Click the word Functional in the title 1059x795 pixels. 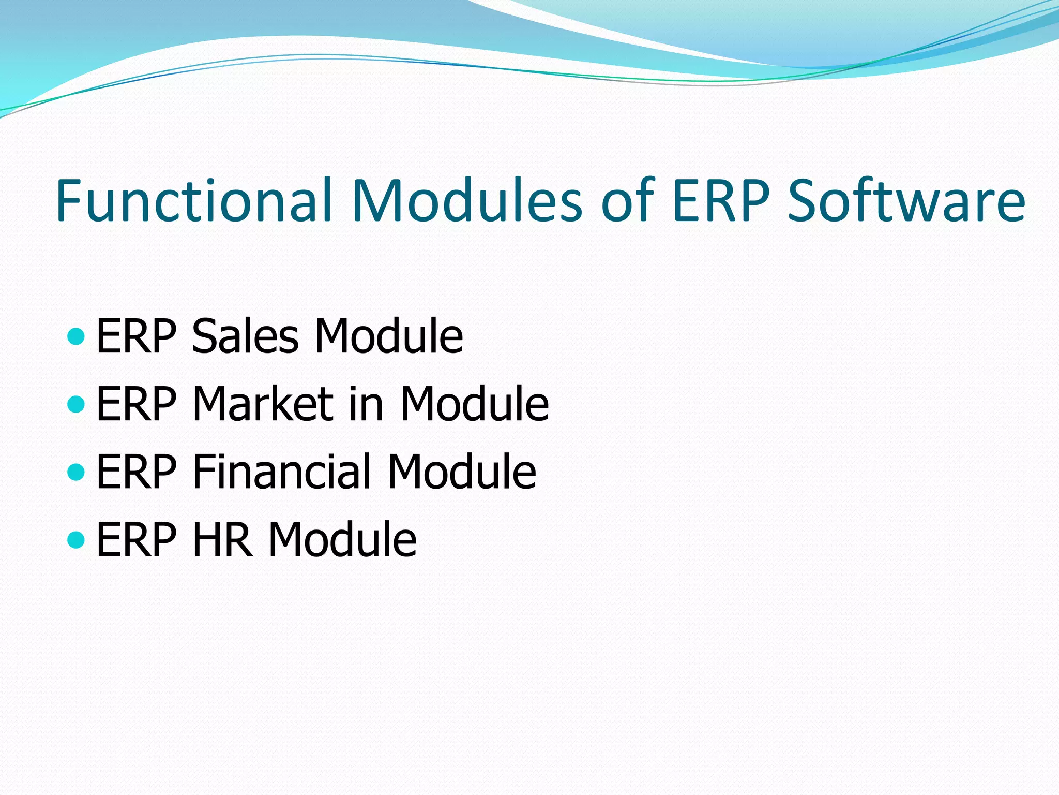(x=193, y=201)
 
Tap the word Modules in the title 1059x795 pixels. (x=466, y=201)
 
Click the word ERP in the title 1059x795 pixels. (x=721, y=201)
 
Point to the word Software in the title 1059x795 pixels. (x=906, y=201)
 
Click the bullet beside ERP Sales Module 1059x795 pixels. (x=76, y=336)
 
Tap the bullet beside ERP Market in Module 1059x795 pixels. (x=76, y=404)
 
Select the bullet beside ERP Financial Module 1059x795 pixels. (x=76, y=472)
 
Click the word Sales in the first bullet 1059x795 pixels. (x=245, y=336)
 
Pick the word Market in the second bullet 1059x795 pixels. (x=263, y=404)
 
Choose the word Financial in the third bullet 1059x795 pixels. (x=282, y=472)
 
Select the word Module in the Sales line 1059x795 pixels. (x=388, y=336)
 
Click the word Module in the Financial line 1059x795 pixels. (x=462, y=472)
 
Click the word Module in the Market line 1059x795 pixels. (x=474, y=404)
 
